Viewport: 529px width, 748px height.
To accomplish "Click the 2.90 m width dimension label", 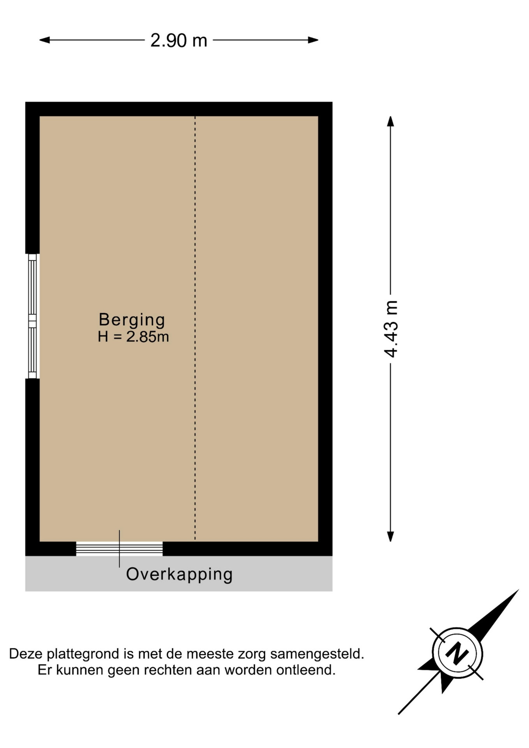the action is [x=179, y=41].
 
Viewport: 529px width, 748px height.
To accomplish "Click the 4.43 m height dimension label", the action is [x=391, y=329].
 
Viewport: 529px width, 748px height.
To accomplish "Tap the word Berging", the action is [x=132, y=320].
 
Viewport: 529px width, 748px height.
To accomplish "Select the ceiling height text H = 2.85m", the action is [x=133, y=337].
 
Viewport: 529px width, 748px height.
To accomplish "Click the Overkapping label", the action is [x=179, y=575].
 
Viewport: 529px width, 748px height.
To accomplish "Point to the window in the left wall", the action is [x=33, y=316].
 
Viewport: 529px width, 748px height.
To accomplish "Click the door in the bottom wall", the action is [x=119, y=549].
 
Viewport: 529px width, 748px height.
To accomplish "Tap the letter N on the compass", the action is [x=457, y=653].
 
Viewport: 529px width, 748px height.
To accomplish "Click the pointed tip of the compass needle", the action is [x=518, y=590].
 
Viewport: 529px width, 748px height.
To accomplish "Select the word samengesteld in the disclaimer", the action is [x=317, y=654].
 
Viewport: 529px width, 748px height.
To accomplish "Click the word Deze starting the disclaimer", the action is [x=26, y=654].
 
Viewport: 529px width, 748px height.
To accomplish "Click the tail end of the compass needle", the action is [x=399, y=714].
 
